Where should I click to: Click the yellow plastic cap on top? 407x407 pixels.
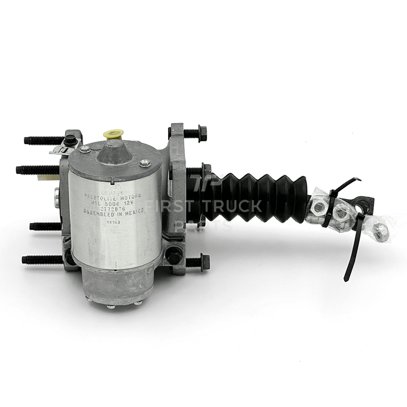click(x=113, y=134)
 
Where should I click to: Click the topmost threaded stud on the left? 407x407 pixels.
click(x=44, y=140)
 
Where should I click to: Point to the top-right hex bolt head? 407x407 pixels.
click(x=199, y=134)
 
